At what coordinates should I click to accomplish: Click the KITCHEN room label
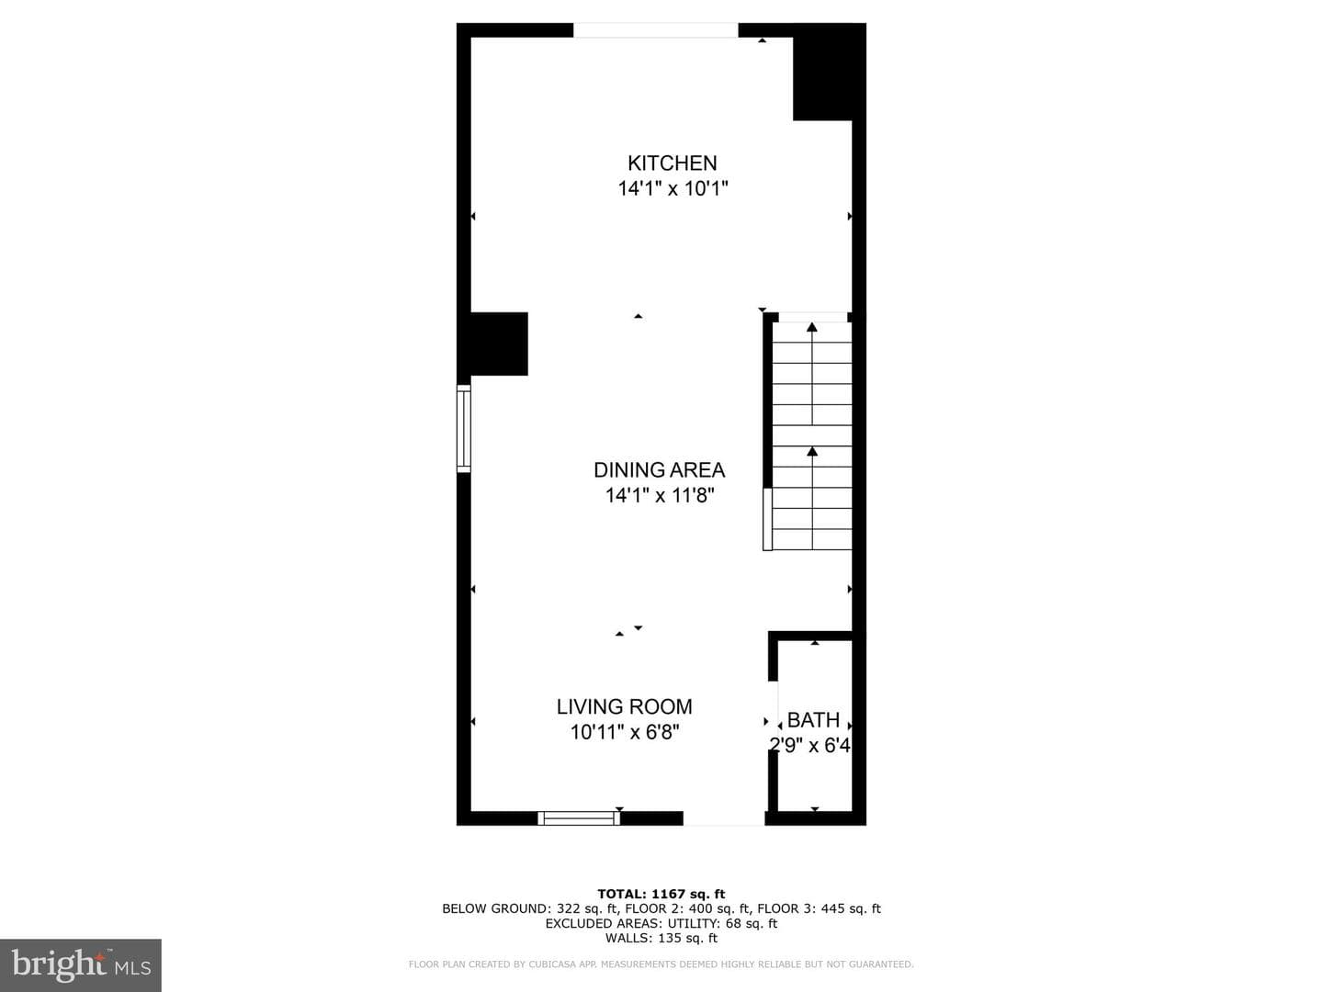click(672, 163)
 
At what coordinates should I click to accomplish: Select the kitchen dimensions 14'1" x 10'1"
click(673, 188)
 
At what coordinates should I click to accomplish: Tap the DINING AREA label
click(660, 469)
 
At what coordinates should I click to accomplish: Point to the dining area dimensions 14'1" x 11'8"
click(660, 495)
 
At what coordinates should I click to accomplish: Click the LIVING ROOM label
click(625, 706)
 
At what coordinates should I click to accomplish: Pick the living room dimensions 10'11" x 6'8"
click(625, 732)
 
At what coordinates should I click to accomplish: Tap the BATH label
click(814, 720)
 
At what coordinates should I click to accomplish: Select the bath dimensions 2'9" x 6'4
click(810, 746)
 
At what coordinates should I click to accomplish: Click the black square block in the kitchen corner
click(829, 73)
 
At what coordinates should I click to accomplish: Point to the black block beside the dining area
click(499, 344)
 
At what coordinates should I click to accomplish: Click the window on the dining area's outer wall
click(463, 429)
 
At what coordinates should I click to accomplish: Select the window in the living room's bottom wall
click(579, 817)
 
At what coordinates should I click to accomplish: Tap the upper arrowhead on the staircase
click(812, 327)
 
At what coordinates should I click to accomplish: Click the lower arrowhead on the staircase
click(812, 451)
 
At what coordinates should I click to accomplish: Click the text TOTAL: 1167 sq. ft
click(661, 894)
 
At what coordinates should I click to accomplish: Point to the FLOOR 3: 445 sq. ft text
click(819, 909)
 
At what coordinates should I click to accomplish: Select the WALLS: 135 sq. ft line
click(661, 938)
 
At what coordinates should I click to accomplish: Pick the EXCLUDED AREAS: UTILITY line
click(661, 923)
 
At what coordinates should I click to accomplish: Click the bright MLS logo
click(81, 964)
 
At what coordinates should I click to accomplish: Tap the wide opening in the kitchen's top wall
click(655, 30)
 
